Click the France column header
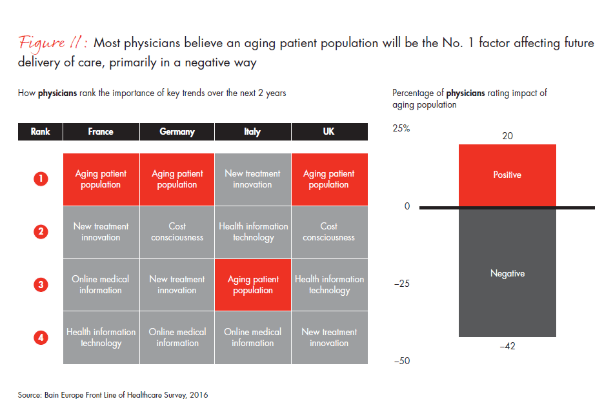point(101,131)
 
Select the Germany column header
point(177,131)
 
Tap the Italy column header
point(252,131)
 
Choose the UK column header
point(329,131)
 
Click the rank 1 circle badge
point(40,179)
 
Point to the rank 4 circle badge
point(40,337)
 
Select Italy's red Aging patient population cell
point(253,285)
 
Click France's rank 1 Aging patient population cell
point(101,179)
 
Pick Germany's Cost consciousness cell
point(177,232)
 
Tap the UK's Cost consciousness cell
point(329,232)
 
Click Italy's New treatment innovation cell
point(253,179)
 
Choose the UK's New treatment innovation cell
point(329,337)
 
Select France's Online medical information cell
point(101,285)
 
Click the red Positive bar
point(507,175)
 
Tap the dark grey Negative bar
point(507,273)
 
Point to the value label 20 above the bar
point(507,136)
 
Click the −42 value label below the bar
point(507,347)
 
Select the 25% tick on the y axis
point(401,128)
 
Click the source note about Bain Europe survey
point(113,395)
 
